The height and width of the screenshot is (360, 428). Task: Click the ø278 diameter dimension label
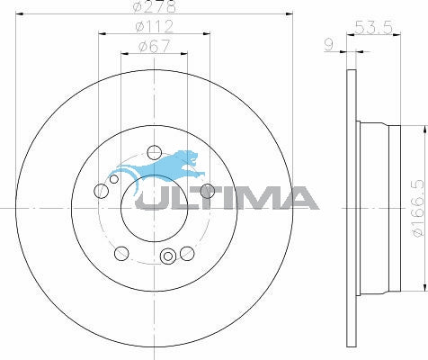pyautogui.click(x=154, y=6)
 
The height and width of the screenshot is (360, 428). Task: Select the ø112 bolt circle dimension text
pyautogui.click(x=155, y=26)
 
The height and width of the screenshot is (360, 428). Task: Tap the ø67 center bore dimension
pyautogui.click(x=155, y=46)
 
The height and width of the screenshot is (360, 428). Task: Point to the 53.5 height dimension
pyautogui.click(x=373, y=28)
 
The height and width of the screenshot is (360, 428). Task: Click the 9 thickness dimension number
pyautogui.click(x=329, y=45)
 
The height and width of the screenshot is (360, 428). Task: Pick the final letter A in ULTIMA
pyautogui.click(x=296, y=198)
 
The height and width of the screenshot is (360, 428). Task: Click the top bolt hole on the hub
pyautogui.click(x=155, y=152)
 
